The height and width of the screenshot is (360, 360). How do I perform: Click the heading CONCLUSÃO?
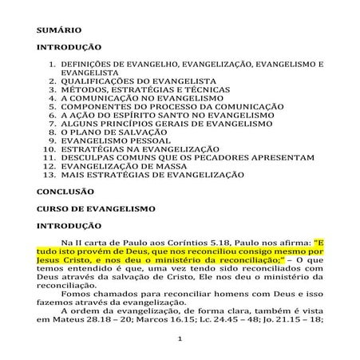click(x=65, y=192)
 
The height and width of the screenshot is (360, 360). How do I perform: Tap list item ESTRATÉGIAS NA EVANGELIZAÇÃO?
click(x=140, y=149)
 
